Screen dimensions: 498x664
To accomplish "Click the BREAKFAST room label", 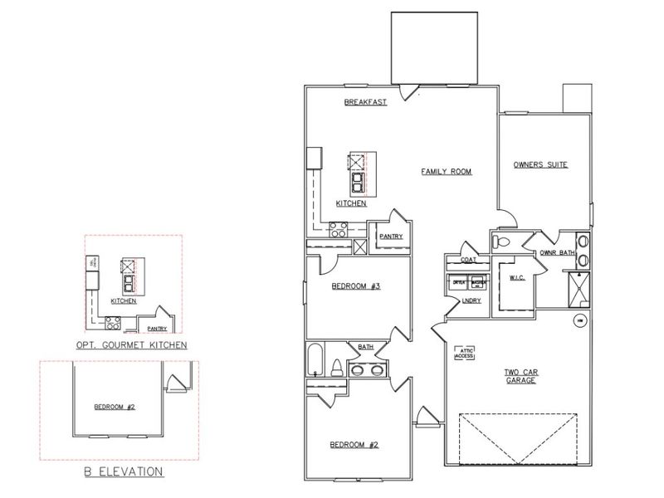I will (x=366, y=103).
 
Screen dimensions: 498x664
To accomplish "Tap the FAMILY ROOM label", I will (x=446, y=172).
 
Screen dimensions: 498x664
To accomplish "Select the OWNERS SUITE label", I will (x=540, y=164).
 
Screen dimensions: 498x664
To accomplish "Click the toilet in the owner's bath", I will (x=500, y=242).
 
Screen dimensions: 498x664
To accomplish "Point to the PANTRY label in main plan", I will (x=391, y=237).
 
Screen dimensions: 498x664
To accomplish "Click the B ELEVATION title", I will (x=122, y=472).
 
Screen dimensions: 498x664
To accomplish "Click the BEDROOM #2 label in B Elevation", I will (x=114, y=407).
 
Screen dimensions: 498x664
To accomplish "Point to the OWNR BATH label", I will (x=558, y=252).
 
